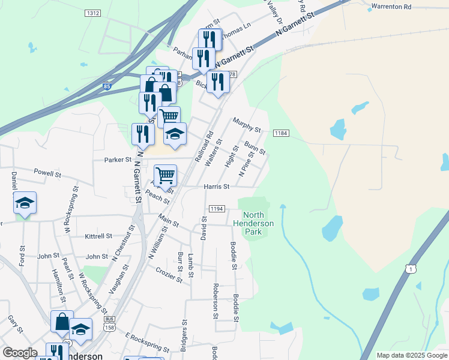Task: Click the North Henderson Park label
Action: point(258,223)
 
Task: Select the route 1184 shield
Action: point(282,133)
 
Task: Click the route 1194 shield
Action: point(217,208)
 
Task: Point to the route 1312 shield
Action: point(92,13)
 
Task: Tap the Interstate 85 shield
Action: point(106,86)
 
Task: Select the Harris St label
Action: point(217,187)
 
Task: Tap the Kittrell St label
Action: point(98,236)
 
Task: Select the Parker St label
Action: point(118,160)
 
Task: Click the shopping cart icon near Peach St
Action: point(165,175)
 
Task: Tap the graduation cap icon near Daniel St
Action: point(25,202)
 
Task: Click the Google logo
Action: point(20,352)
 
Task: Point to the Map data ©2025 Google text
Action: point(411,355)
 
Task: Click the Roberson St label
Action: point(215,301)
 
